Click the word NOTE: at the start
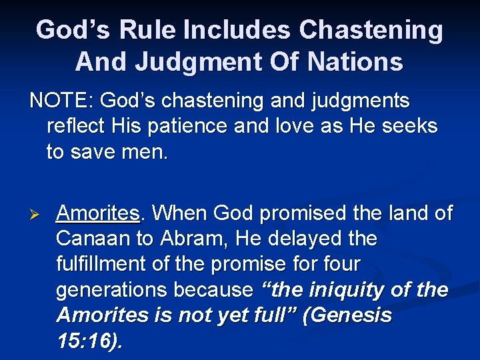tap(59, 102)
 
